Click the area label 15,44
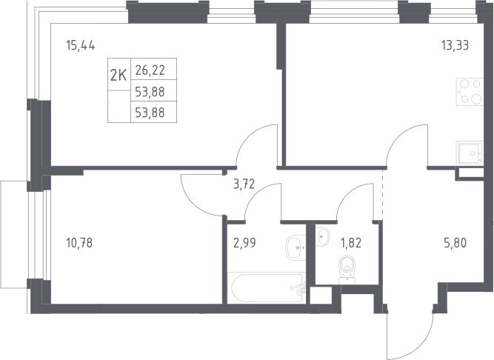81,45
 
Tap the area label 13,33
455,45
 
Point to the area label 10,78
79,243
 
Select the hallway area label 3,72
244,184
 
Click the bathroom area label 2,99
244,243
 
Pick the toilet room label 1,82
351,243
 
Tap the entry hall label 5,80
455,243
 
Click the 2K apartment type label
119,76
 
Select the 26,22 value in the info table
150,70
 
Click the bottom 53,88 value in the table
150,113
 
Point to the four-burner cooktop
470,92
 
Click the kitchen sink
470,153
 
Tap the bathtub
267,288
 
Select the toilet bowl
347,270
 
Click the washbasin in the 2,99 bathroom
296,247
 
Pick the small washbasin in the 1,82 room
323,236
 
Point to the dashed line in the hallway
383,194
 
